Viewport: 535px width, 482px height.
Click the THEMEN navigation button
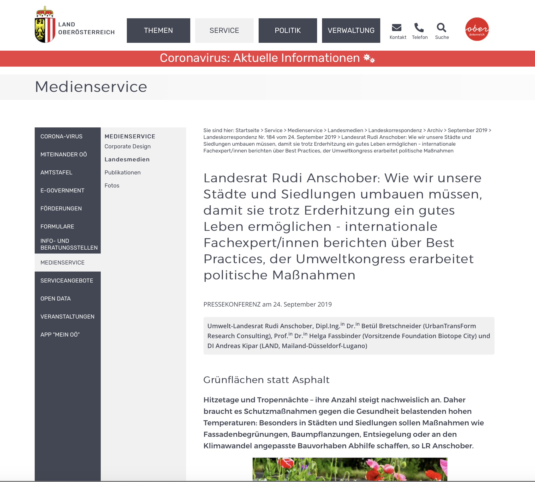(158, 31)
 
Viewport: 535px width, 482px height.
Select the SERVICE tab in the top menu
(224, 31)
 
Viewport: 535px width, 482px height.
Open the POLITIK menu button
(288, 31)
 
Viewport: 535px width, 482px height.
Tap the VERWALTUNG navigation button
(351, 31)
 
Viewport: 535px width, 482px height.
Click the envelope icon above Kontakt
(396, 27)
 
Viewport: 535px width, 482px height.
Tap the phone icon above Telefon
(419, 27)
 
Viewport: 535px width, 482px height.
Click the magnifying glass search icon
(441, 27)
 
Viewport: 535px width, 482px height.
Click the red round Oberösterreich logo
(477, 29)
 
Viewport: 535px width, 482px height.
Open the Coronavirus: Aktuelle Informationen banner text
(260, 58)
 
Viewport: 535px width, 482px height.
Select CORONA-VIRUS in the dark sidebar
(61, 136)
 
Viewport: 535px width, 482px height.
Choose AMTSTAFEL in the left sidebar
(56, 172)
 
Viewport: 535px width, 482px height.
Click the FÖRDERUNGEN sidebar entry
(61, 208)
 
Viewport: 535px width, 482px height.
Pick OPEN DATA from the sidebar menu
(56, 298)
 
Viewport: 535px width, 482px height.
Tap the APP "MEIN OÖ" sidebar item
(60, 334)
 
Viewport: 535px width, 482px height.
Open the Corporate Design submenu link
(128, 146)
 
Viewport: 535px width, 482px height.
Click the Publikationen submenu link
(123, 172)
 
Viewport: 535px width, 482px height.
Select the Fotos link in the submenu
(112, 185)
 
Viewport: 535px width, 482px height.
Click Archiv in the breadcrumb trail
(435, 130)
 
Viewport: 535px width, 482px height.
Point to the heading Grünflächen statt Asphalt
(266, 380)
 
